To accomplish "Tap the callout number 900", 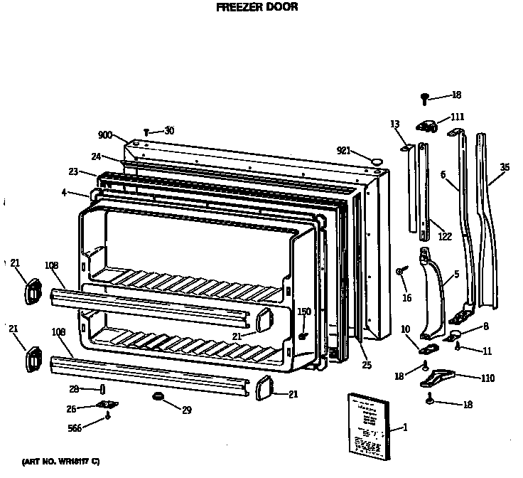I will (106, 134).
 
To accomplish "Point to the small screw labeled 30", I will (146, 132).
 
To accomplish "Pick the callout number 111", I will (457, 117).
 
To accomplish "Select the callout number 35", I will (505, 167).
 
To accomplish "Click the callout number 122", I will (445, 236).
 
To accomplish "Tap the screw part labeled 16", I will (401, 272).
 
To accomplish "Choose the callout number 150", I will (304, 312).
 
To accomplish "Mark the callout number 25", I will (367, 365).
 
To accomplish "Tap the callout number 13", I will (395, 124).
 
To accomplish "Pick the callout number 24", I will (95, 157).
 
